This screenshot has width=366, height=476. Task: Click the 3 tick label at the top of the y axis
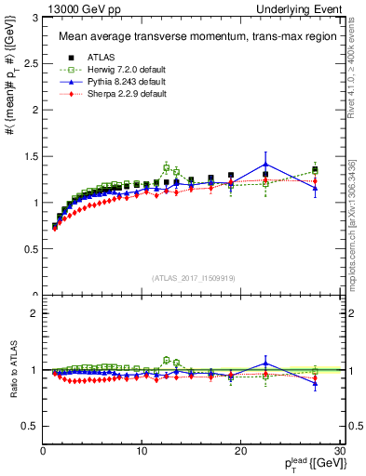(34, 18)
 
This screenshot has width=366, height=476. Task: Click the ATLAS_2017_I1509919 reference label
(192, 277)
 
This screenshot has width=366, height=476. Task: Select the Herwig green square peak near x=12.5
(167, 167)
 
